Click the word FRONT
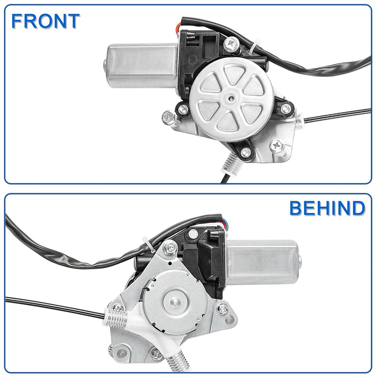click(x=45, y=21)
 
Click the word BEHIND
click(x=327, y=208)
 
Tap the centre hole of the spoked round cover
click(x=232, y=99)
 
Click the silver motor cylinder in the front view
click(x=141, y=66)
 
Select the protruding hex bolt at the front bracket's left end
click(x=169, y=117)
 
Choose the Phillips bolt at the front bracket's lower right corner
click(x=277, y=146)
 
